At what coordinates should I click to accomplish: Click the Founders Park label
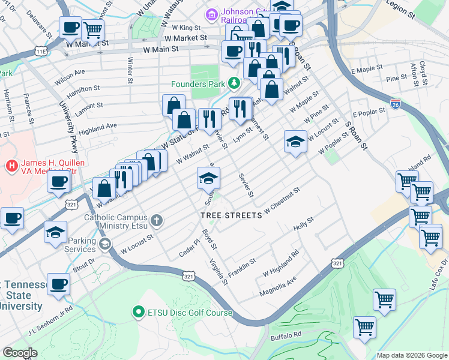pyautogui.click(x=197, y=84)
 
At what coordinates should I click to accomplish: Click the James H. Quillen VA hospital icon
pyautogui.click(x=11, y=164)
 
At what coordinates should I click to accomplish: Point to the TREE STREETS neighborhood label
pyautogui.click(x=231, y=215)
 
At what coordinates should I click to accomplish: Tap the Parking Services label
pyautogui.click(x=80, y=245)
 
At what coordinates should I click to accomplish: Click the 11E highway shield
pyautogui.click(x=41, y=52)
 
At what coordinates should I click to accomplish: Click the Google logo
pyautogui.click(x=20, y=353)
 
